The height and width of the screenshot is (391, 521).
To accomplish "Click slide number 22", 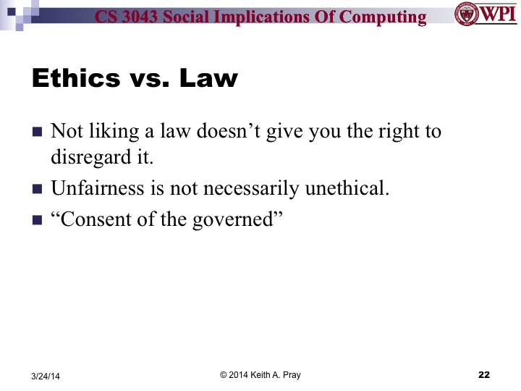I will [x=484, y=374].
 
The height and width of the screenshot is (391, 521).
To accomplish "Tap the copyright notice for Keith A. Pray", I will [x=260, y=374].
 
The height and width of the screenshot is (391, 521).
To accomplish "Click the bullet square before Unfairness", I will [x=38, y=190].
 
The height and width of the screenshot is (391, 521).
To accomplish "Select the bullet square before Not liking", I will [x=38, y=134].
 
